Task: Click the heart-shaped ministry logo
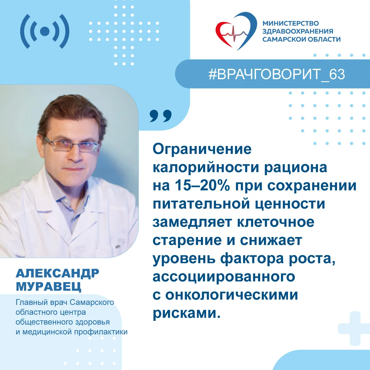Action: [236, 31]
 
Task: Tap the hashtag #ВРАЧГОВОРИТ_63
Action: [277, 74]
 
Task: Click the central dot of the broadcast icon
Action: [45, 31]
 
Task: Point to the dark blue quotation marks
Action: [160, 116]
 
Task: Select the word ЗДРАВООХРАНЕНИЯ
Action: [298, 31]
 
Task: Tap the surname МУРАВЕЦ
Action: [49, 287]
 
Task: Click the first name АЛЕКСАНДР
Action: [58, 273]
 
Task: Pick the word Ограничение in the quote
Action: [202, 149]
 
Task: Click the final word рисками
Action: [186, 314]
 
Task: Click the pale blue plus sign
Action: [355, 329]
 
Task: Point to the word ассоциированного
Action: [224, 277]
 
